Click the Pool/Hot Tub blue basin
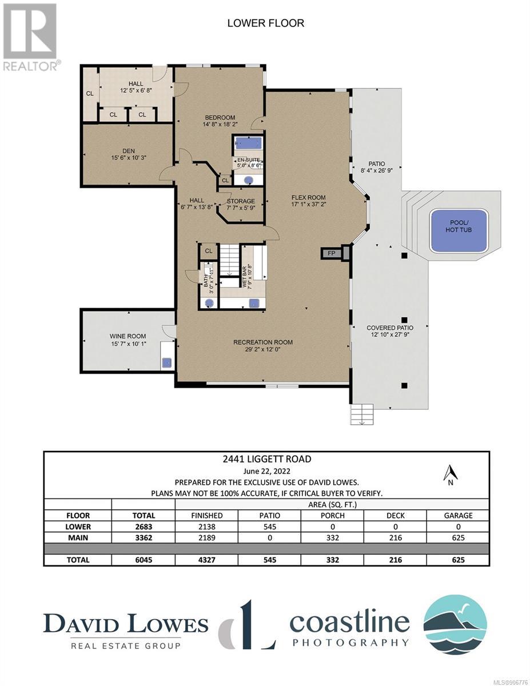[459, 230]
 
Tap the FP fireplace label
[331, 253]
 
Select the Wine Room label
[127, 336]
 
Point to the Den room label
[129, 151]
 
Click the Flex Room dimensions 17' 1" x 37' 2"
[308, 204]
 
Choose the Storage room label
[241, 201]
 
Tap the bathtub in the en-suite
[249, 143]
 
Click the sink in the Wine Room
[167, 363]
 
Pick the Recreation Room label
[263, 342]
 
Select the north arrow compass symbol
[451, 477]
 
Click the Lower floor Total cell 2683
[144, 527]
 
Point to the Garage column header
[458, 516]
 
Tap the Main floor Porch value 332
[332, 537]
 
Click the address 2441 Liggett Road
[267, 459]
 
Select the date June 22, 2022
[267, 471]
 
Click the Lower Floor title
[266, 23]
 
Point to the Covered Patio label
[390, 328]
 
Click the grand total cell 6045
[144, 560]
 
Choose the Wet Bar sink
[254, 303]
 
